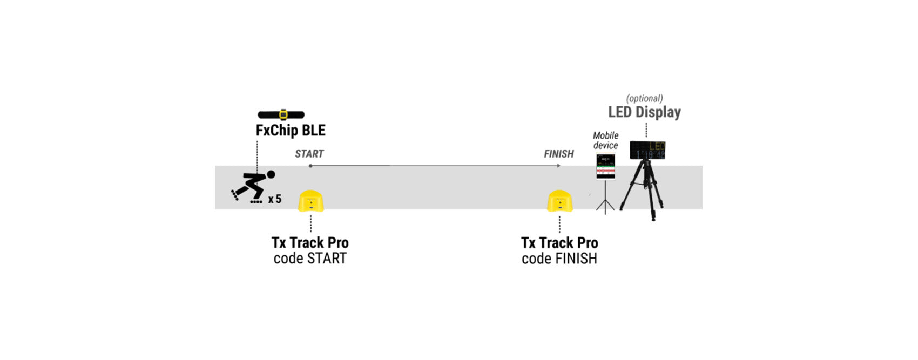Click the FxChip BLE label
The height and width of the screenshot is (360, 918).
[x=291, y=131]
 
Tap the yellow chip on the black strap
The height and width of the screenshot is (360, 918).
[x=283, y=114]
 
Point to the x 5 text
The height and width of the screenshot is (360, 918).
[x=275, y=199]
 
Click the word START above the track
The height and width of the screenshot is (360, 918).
[x=309, y=154]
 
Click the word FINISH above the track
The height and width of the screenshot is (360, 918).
[x=558, y=154]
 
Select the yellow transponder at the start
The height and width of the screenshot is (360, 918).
[x=310, y=201]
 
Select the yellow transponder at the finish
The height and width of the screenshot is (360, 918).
[x=560, y=201]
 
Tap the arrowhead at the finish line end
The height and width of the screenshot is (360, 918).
[x=559, y=166]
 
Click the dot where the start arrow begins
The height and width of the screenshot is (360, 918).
[x=310, y=166]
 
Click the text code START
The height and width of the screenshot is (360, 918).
[x=310, y=259]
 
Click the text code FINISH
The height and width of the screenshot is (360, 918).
[x=559, y=259]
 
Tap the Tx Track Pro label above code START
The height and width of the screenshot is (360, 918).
[x=310, y=243]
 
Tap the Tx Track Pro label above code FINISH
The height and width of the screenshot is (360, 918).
[x=559, y=243]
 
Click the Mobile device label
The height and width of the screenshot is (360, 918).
[x=605, y=140]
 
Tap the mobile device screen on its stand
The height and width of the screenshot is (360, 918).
[x=605, y=166]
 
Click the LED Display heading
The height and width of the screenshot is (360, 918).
[x=644, y=112]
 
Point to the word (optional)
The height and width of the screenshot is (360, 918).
[x=644, y=98]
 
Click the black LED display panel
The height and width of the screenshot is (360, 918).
[x=647, y=150]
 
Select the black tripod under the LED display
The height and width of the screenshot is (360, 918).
[x=645, y=189]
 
